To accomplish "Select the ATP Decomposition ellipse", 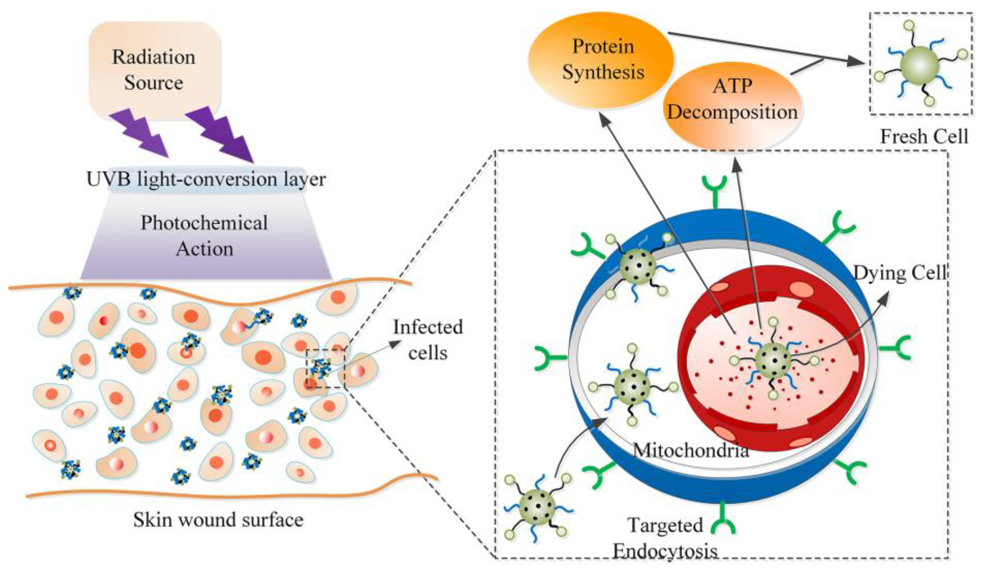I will (732, 99).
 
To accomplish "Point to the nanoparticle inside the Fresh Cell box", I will (920, 65).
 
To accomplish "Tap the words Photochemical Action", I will (204, 236).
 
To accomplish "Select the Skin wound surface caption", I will (218, 520).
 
